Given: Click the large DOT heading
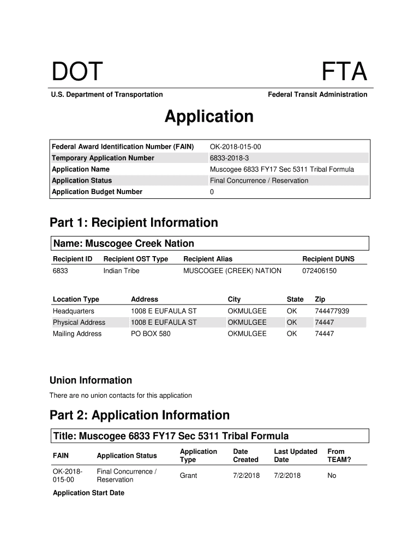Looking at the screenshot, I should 77,72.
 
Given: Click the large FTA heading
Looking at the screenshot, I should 344,72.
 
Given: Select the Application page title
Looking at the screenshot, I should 209,117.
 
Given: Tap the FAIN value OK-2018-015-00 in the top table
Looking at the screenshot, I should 239,147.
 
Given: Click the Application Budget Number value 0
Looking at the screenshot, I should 212,192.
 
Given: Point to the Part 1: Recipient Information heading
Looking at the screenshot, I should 134,222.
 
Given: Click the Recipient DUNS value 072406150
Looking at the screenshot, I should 319,271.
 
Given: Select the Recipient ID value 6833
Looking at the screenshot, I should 60,271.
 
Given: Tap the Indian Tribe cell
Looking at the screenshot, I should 121,271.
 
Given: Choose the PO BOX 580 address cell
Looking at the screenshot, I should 151,333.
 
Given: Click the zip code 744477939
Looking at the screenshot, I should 332,311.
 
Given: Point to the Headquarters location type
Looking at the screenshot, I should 73,311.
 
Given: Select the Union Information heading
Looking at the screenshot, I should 91,380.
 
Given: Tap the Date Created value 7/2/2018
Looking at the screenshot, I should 246,476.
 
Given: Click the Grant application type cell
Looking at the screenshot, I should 188,476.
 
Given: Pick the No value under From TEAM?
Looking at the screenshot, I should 332,476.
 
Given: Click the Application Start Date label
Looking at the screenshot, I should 88,493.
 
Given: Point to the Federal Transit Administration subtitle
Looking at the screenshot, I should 317,95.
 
